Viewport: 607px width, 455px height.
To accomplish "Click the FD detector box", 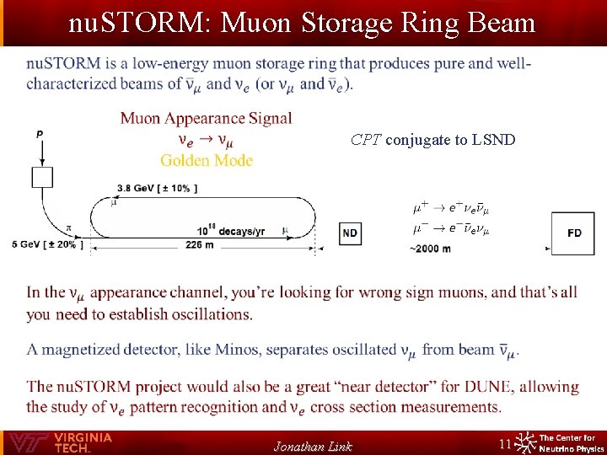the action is pos(573,233).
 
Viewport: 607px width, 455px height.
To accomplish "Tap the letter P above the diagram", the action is pos(40,134).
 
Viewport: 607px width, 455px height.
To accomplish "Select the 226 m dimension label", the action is pos(199,245).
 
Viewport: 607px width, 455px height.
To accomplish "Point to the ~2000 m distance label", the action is pos(430,249).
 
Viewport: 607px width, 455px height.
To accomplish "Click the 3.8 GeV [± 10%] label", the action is pos(157,188).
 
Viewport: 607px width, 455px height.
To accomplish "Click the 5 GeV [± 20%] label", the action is pos(47,244).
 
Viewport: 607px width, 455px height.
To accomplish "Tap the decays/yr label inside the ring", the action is pos(231,231).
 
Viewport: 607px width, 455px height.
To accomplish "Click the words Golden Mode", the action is pos(207,160).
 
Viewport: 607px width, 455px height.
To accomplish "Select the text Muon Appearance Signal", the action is pos(207,119).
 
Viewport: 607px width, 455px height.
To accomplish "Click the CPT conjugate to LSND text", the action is pos(433,140).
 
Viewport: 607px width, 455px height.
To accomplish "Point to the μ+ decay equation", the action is pos(451,207).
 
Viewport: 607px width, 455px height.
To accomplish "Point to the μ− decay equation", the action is pos(451,228).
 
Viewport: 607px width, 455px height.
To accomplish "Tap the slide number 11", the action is pos(506,443).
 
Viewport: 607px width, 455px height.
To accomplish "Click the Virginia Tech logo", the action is pos(59,442).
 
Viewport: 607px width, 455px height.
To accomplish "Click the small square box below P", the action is pos(42,177).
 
